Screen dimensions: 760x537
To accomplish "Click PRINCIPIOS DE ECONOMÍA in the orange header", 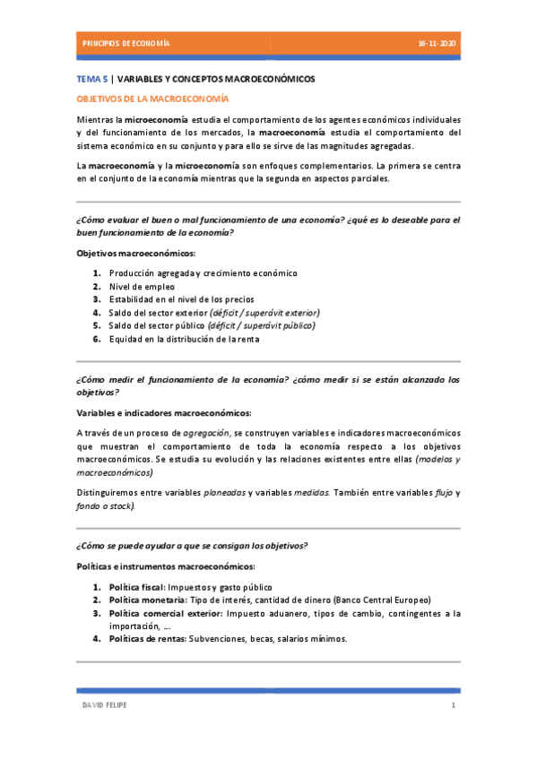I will click(126, 43).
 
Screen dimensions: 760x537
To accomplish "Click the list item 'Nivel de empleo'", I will click(142, 287).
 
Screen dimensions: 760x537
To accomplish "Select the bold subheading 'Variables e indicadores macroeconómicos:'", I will click(164, 412).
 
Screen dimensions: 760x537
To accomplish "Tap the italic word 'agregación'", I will click(206, 433).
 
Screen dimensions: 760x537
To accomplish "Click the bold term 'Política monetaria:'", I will click(148, 600).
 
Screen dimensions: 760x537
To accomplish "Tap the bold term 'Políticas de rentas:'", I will click(147, 639).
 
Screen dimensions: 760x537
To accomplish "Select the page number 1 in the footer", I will click(454, 706).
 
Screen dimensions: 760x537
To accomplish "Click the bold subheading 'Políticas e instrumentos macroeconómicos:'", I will click(165, 566).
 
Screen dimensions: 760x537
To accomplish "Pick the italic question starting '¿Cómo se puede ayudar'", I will click(193, 546).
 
